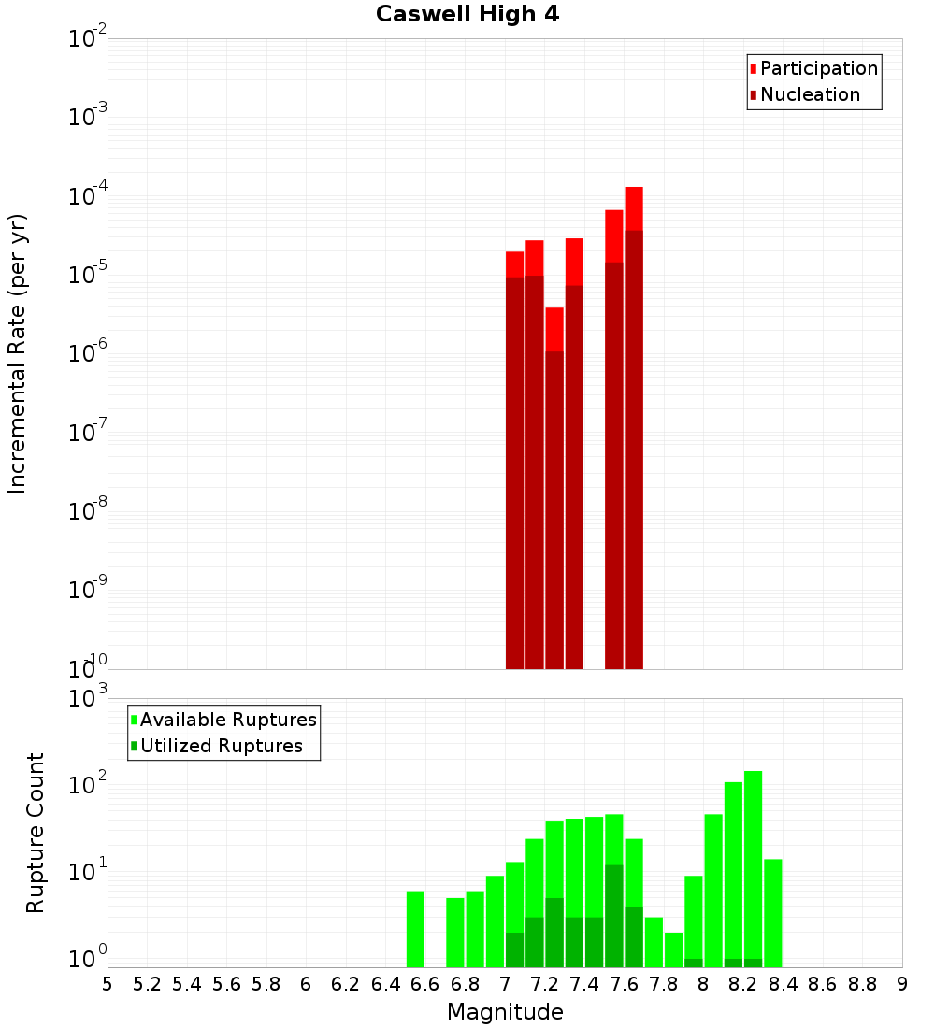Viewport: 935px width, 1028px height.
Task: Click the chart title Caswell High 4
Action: (x=467, y=15)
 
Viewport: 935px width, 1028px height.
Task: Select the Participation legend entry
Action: (x=819, y=68)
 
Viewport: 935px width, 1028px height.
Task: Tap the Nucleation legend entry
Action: (x=810, y=94)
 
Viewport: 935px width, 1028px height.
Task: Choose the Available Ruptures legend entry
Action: (x=228, y=720)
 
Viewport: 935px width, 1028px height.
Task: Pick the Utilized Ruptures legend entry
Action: (x=221, y=746)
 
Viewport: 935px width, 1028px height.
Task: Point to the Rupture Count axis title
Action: (x=36, y=833)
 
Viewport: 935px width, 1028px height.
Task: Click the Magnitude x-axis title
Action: (x=505, y=1012)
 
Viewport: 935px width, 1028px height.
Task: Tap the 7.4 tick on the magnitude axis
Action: (x=584, y=983)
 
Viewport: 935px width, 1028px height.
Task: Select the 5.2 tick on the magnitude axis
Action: (x=148, y=983)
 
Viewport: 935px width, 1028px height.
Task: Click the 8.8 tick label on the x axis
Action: (x=862, y=983)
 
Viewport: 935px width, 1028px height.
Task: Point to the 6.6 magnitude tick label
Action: (x=425, y=983)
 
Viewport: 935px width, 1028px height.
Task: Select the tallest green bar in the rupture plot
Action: (x=754, y=869)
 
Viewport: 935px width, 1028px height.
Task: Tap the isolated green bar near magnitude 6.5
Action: (x=415, y=929)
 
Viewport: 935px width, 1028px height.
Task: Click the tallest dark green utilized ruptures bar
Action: (x=614, y=916)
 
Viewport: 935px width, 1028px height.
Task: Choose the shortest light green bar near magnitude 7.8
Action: (x=674, y=949)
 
